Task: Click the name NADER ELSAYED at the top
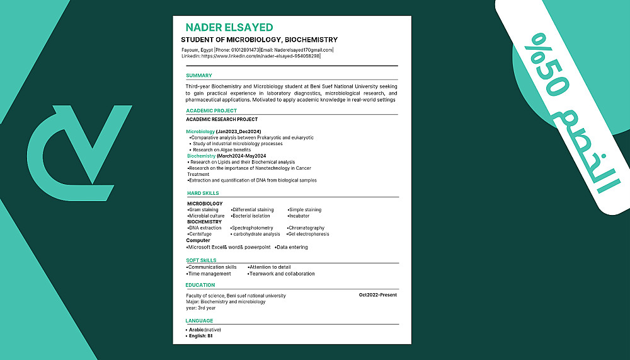(229, 27)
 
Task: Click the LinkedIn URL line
(251, 56)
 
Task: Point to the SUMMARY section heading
(199, 76)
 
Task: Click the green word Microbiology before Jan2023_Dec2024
(200, 131)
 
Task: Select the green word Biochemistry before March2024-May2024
(202, 156)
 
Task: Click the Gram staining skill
(203, 210)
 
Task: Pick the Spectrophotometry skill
(252, 228)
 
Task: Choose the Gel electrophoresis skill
(309, 234)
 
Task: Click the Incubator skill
(299, 216)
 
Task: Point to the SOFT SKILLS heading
(202, 260)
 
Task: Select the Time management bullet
(209, 274)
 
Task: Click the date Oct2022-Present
(378, 295)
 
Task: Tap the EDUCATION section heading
(200, 285)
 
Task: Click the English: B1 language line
(200, 335)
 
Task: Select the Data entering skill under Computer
(292, 247)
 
